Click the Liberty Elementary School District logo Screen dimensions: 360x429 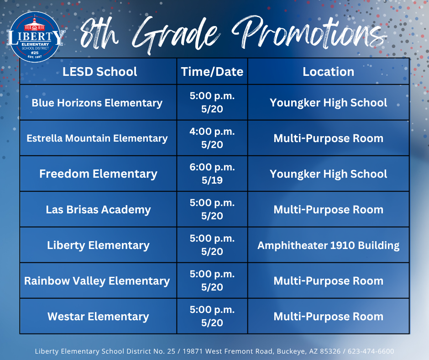(36, 36)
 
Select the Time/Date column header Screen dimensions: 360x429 (212, 71)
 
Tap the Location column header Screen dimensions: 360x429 (328, 71)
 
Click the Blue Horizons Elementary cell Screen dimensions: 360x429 (97, 103)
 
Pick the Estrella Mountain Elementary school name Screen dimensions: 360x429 (97, 138)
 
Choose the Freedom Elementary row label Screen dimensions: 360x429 (98, 174)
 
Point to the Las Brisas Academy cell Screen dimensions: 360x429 (98, 210)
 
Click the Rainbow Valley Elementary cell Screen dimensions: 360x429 (97, 281)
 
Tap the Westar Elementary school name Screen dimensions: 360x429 (98, 317)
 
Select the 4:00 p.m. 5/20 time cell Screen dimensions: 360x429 (212, 138)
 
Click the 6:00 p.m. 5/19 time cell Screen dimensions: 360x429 (212, 174)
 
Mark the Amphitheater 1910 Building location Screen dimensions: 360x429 (328, 245)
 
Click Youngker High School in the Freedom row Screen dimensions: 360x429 (328, 174)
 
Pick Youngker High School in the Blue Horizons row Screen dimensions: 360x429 (328, 103)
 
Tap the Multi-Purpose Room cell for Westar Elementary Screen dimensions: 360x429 (328, 317)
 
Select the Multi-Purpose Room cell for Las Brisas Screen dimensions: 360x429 (328, 210)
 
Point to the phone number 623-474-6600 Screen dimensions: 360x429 (371, 351)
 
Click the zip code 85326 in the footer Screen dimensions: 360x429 (331, 351)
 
